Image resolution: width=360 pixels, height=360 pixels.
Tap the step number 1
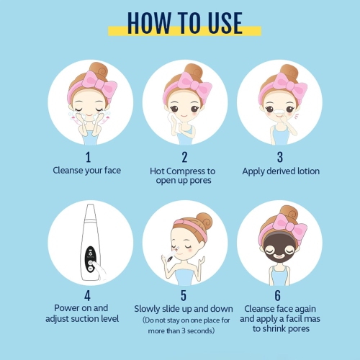pyautogui.click(x=89, y=157)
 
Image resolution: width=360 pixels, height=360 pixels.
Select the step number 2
pyautogui.click(x=184, y=157)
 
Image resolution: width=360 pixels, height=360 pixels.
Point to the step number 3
pyautogui.click(x=280, y=157)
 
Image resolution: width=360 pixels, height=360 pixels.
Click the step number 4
pyautogui.click(x=87, y=296)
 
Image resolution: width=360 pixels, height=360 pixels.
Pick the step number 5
pyautogui.click(x=184, y=296)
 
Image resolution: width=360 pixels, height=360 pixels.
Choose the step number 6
pyautogui.click(x=278, y=296)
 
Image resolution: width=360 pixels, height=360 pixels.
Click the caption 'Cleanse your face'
pyautogui.click(x=86, y=171)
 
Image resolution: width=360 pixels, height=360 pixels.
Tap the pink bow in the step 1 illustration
pyautogui.click(x=100, y=84)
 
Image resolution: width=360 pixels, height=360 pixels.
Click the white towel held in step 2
pyautogui.click(x=172, y=120)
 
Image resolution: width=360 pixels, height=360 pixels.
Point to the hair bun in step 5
pyautogui.click(x=204, y=221)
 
